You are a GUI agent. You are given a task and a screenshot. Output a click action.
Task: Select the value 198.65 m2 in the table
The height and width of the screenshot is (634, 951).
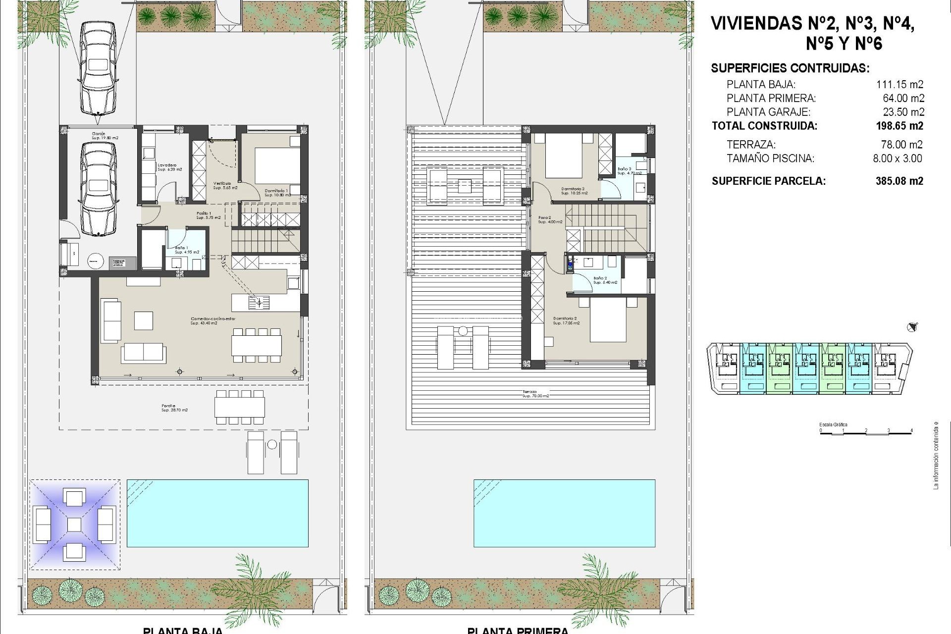(x=899, y=126)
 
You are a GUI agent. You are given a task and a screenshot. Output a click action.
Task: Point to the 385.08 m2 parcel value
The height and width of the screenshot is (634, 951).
(x=899, y=181)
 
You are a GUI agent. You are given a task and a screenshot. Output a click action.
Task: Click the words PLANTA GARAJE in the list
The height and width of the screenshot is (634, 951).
(x=768, y=112)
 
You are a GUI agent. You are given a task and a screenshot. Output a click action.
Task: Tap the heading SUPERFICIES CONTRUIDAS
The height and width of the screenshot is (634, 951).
(x=790, y=68)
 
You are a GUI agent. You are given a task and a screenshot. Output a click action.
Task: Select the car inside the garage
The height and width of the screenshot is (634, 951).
(x=99, y=189)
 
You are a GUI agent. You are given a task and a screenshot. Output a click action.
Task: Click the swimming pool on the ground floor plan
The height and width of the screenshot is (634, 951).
(x=217, y=513)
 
